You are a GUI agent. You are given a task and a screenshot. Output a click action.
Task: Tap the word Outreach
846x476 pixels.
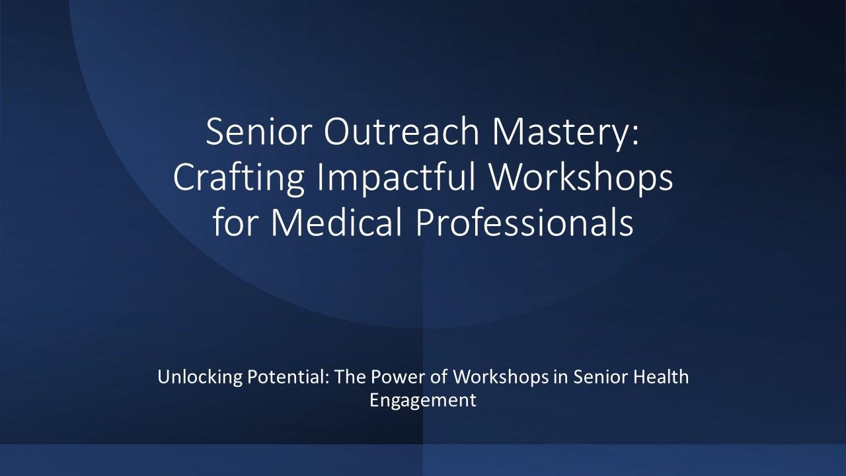(x=402, y=131)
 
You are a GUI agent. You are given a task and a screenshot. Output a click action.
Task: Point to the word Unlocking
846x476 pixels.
(x=200, y=377)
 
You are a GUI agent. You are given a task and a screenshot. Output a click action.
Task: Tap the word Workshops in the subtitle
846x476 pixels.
(x=501, y=377)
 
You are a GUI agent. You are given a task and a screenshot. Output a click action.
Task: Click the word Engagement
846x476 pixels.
(x=422, y=401)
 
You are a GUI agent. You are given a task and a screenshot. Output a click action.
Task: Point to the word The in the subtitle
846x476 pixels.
(x=350, y=377)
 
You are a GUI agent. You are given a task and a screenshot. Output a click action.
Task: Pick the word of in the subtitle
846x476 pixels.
(x=439, y=377)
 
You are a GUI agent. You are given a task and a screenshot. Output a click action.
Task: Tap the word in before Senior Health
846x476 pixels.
(x=561, y=377)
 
